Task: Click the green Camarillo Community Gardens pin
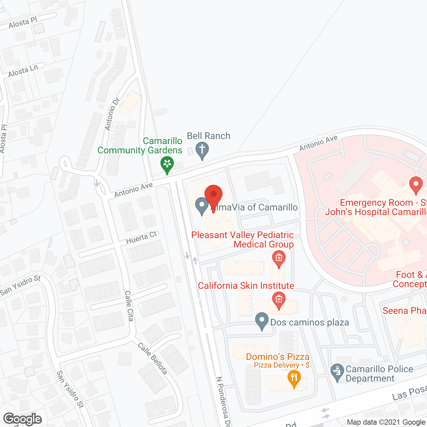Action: (167, 164)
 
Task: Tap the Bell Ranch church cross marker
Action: (202, 150)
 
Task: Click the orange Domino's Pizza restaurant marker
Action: (294, 378)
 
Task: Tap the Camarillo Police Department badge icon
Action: (337, 372)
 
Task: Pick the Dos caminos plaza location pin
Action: (262, 321)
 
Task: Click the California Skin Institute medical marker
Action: (279, 300)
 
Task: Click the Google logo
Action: (23, 419)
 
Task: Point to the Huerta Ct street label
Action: (141, 238)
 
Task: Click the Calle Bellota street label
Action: (152, 358)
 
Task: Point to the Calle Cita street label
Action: (129, 306)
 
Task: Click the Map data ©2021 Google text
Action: (386, 422)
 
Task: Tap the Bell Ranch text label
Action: (208, 136)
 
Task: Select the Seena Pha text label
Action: (404, 311)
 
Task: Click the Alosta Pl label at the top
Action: (23, 23)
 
